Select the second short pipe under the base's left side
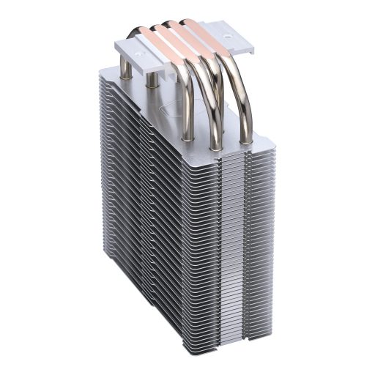(x=151, y=83)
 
